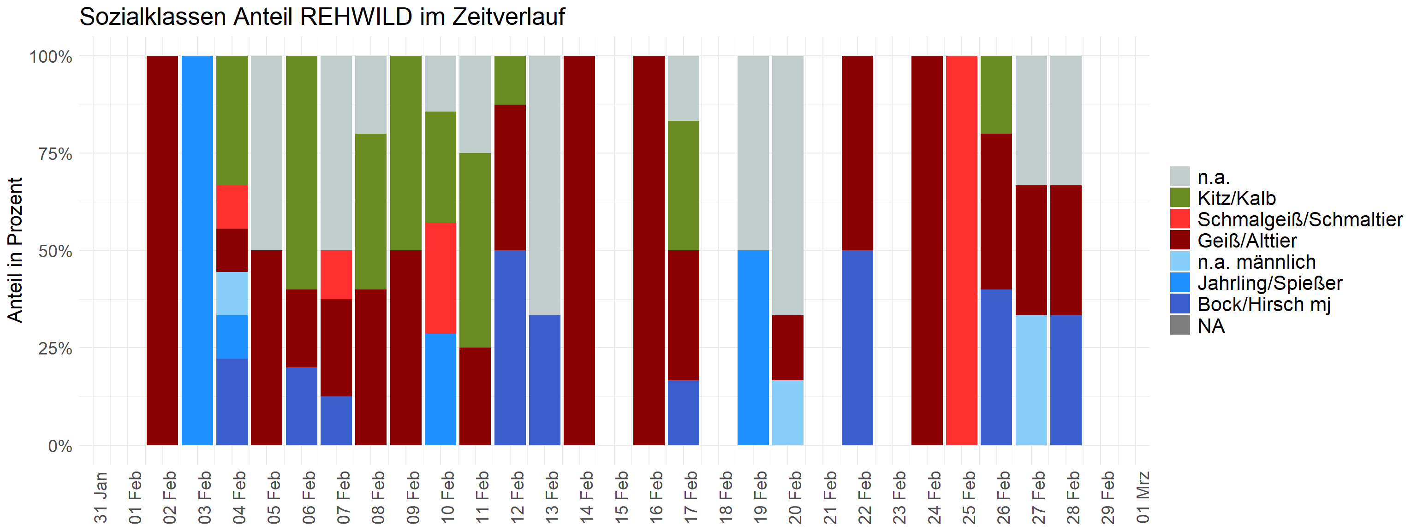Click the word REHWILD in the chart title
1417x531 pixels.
[357, 17]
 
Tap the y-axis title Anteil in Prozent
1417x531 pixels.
[15, 250]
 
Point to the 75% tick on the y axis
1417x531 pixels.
[55, 154]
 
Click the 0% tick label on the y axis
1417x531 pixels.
[60, 446]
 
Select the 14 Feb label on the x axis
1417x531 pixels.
[587, 496]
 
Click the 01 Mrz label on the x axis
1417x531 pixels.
[1143, 496]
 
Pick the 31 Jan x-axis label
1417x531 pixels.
[101, 496]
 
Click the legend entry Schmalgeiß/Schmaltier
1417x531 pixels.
[1299, 219]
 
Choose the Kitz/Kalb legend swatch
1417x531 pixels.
[1180, 198]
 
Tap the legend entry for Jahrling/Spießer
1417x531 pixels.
[1269, 283]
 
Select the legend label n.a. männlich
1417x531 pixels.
[1256, 262]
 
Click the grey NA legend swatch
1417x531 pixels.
[1180, 325]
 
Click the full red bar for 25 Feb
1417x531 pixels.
[962, 250]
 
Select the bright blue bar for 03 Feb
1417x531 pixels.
[197, 250]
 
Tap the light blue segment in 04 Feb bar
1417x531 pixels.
[232, 294]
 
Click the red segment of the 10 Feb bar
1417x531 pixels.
[440, 278]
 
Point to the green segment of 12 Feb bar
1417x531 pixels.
[510, 80]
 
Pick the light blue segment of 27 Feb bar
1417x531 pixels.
[1031, 380]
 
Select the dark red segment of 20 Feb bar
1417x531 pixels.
[788, 348]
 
